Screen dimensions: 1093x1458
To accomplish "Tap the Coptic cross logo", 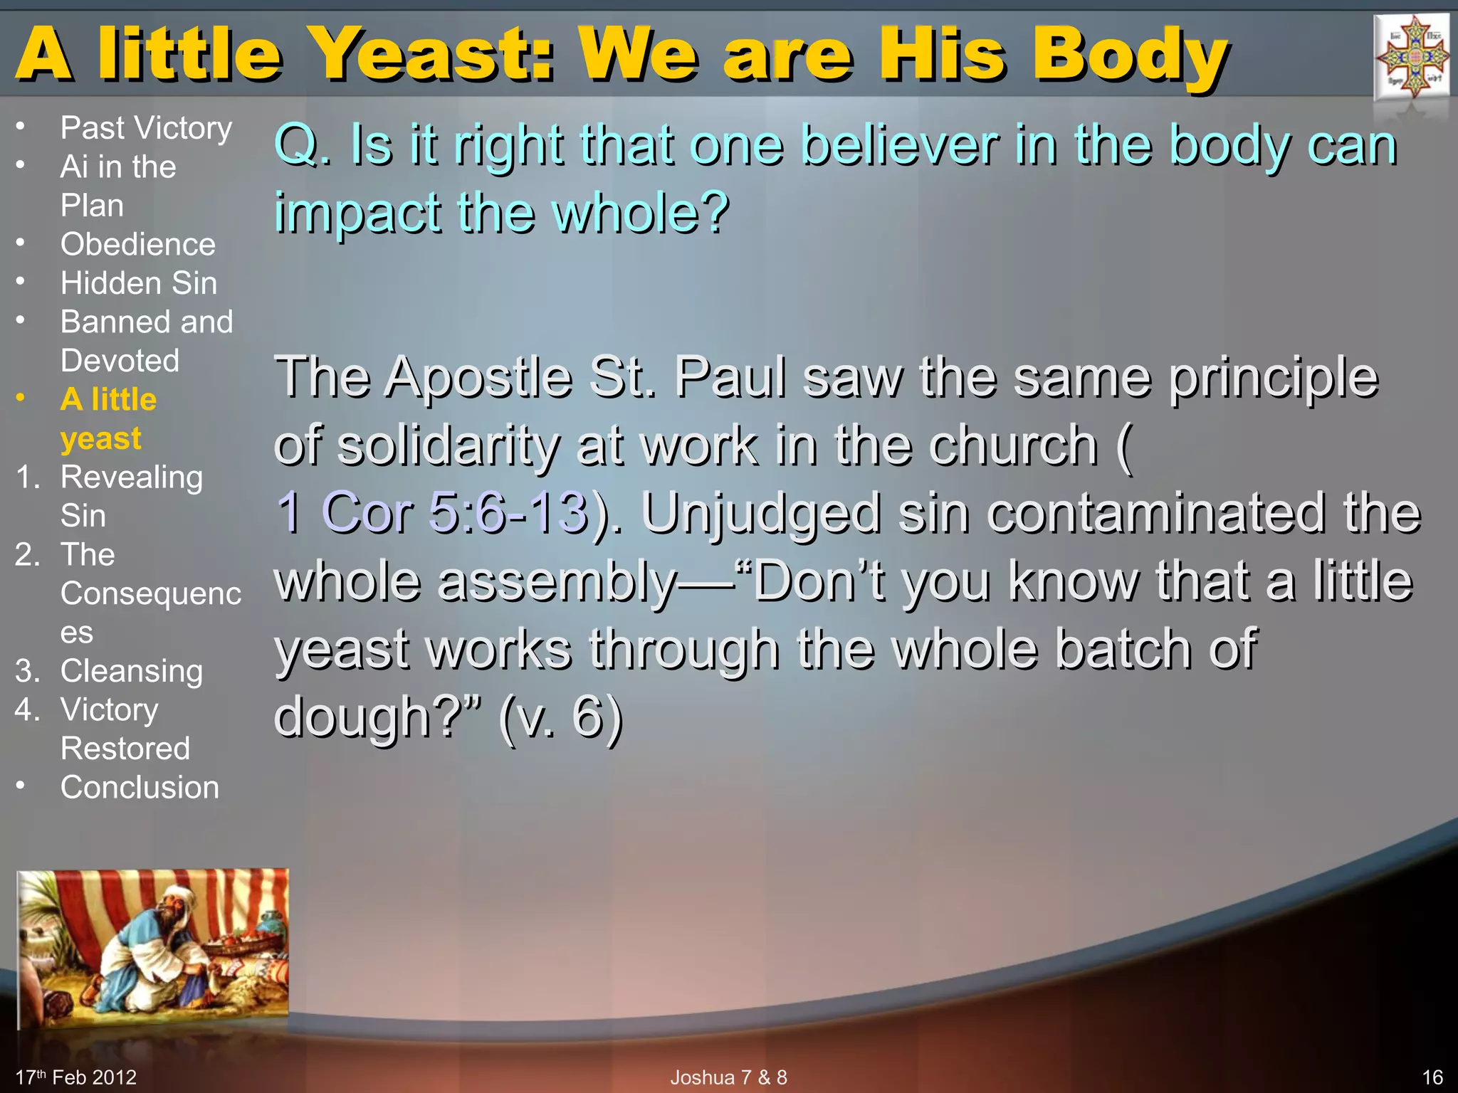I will pyautogui.click(x=1412, y=57).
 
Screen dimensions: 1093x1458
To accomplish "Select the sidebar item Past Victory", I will pyautogui.click(x=146, y=128).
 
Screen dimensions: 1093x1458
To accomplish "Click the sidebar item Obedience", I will pyautogui.click(x=137, y=244).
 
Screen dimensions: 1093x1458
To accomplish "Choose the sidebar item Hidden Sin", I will pyautogui.click(x=139, y=283).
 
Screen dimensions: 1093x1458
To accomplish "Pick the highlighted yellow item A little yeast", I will pyautogui.click(x=108, y=418).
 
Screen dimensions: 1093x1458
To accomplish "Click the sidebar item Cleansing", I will pyautogui.click(x=132, y=671).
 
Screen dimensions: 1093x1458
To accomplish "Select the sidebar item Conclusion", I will pyautogui.click(x=140, y=788).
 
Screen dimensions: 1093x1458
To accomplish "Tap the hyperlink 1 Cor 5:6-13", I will pyautogui.click(x=432, y=512).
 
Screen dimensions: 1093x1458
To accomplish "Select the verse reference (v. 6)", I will pyautogui.click(x=560, y=717).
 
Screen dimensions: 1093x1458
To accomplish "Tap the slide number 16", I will pyautogui.click(x=1432, y=1077).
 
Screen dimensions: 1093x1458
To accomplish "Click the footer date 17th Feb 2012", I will pyautogui.click(x=76, y=1077).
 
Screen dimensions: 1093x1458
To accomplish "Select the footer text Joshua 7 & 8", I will pyautogui.click(x=728, y=1077).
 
